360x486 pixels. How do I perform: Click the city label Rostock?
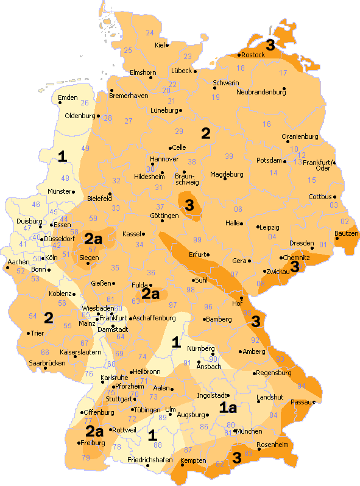pyautogui.click(x=253, y=55)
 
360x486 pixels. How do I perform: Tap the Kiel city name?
pyautogui.click(x=160, y=45)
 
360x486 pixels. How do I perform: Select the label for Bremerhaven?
pyautogui.click(x=129, y=96)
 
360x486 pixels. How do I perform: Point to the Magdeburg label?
pyautogui.click(x=227, y=174)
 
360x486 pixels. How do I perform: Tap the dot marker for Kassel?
pyautogui.click(x=143, y=233)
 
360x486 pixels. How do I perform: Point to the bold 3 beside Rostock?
pyautogui.click(x=270, y=44)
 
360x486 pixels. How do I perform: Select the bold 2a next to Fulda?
pyautogui.click(x=150, y=294)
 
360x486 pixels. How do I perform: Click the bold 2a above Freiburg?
pyautogui.click(x=94, y=431)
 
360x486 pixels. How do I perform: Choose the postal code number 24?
pyautogui.click(x=150, y=32)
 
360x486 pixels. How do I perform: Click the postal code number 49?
pyautogui.click(x=85, y=149)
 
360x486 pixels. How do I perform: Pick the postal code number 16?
pyautogui.click(x=267, y=124)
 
